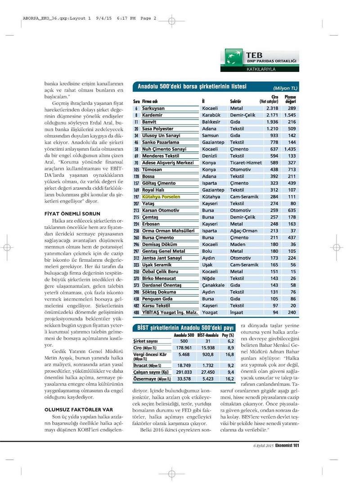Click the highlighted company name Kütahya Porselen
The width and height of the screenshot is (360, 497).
(161, 197)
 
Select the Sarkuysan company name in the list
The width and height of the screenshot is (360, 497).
(153, 108)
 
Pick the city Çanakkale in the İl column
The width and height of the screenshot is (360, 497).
(213, 285)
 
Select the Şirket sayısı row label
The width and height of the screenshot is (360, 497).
(147, 341)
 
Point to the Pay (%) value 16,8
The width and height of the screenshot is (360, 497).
(229, 354)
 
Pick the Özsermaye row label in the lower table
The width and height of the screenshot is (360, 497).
(148, 379)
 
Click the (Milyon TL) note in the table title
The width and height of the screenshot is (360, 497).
(285, 88)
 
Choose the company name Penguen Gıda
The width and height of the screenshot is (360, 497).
(157, 299)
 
